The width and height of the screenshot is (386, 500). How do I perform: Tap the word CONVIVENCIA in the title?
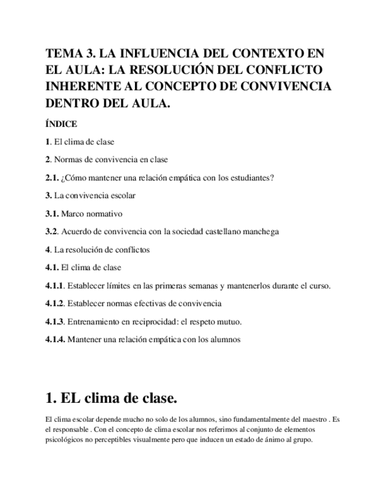click(285, 87)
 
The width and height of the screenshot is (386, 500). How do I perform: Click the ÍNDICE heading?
click(61, 124)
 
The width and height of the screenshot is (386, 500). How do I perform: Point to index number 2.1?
click(52, 177)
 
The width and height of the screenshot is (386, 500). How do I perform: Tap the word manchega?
click(258, 232)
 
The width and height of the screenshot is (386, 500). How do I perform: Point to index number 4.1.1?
click(55, 286)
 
